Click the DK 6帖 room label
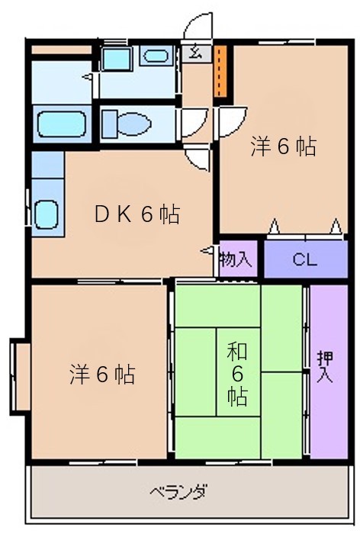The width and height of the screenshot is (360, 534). pos(137,214)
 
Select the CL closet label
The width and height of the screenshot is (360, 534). pos(305,260)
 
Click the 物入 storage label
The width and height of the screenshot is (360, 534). pos(236,259)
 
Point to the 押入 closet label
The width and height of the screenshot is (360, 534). pos(325,367)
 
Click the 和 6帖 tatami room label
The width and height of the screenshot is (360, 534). pos(237,375)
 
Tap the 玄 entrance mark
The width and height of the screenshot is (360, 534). pos(194,52)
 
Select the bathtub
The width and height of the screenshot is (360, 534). pos(61,124)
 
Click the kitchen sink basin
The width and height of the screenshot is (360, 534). pos(47,214)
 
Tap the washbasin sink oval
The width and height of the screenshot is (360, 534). pos(156,56)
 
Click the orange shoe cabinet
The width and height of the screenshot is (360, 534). pos(220,71)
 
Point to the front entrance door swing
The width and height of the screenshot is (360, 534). pos(198,26)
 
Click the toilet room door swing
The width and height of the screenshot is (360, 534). pos(194,123)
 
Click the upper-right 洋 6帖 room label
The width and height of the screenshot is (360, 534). pos(284,146)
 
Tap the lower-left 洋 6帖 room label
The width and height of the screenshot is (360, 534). pos(102,375)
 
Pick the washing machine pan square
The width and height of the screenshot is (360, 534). pos(117,59)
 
